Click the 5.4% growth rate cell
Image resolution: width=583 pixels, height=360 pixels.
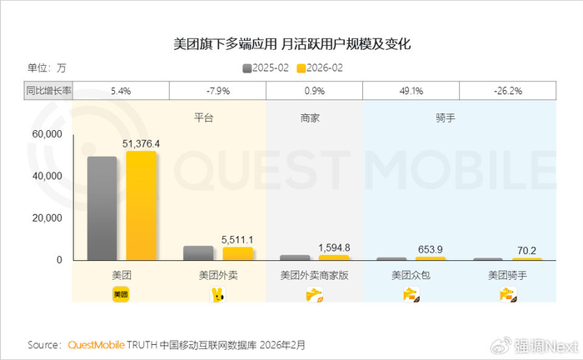click(x=121, y=90)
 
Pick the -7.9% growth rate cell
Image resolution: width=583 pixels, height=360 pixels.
click(x=217, y=90)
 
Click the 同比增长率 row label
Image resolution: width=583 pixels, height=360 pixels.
click(x=47, y=90)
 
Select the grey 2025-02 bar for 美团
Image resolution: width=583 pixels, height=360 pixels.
click(x=102, y=208)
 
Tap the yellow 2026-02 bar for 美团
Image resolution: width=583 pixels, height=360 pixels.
click(x=141, y=206)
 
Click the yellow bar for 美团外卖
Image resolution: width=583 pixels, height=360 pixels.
click(x=237, y=253)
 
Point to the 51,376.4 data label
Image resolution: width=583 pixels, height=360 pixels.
click(x=142, y=143)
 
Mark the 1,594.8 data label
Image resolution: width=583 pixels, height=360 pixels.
click(x=335, y=247)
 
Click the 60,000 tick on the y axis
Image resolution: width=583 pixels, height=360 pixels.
click(x=47, y=134)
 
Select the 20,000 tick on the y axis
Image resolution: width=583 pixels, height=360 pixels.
click(x=47, y=218)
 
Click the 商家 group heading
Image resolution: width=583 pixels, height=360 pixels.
click(x=310, y=118)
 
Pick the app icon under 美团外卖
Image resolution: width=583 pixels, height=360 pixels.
click(x=218, y=294)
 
